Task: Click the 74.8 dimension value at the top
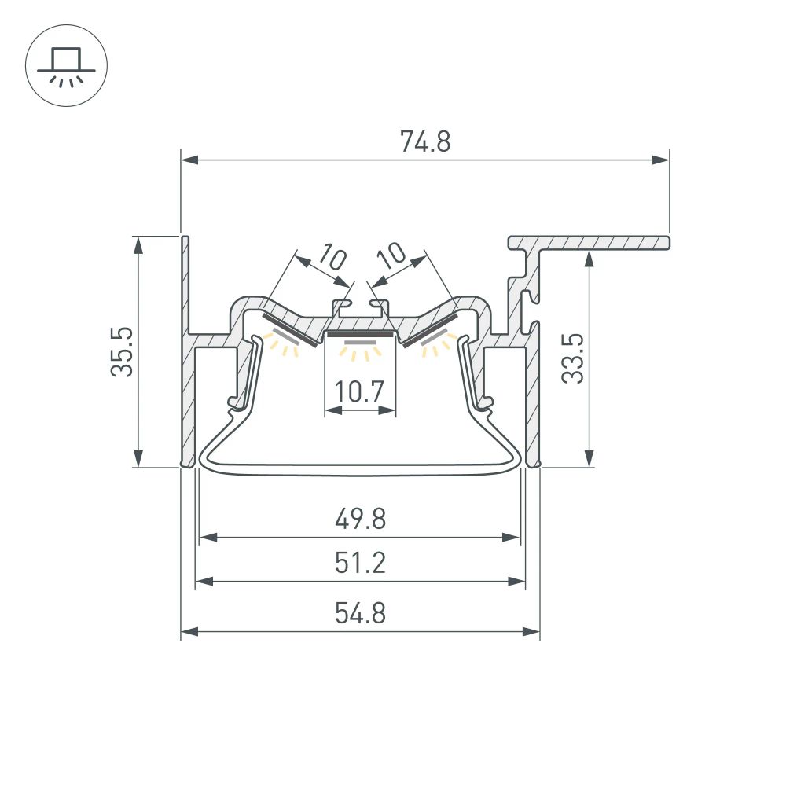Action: pyautogui.click(x=424, y=141)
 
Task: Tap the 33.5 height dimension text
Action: pyautogui.click(x=574, y=358)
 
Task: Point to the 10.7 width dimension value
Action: pyautogui.click(x=360, y=391)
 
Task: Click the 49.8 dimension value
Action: pyautogui.click(x=359, y=520)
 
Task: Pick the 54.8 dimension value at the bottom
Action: pyautogui.click(x=359, y=612)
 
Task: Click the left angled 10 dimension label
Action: pyautogui.click(x=333, y=257)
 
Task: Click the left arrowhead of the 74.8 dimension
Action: pyautogui.click(x=189, y=160)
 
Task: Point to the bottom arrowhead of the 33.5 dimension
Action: pyautogui.click(x=589, y=459)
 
